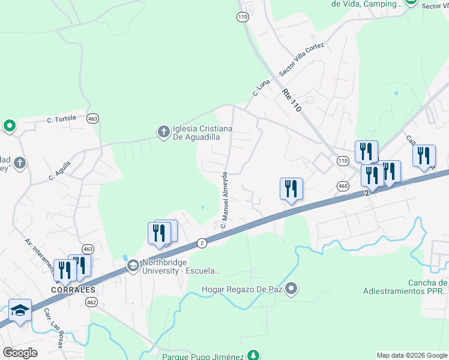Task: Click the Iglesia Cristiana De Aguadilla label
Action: click(x=196, y=132)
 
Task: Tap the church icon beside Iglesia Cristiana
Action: click(x=163, y=131)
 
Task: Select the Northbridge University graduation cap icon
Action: click(x=132, y=266)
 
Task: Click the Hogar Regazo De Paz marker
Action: click(x=292, y=289)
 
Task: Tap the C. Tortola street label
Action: click(x=62, y=119)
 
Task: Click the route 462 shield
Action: click(x=91, y=302)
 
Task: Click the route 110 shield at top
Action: click(x=242, y=17)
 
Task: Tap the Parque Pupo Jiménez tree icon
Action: click(x=255, y=355)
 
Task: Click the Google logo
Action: click(x=20, y=353)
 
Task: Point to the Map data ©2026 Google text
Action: click(x=411, y=355)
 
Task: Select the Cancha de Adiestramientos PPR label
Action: click(x=405, y=287)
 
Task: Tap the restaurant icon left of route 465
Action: click(x=291, y=188)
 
